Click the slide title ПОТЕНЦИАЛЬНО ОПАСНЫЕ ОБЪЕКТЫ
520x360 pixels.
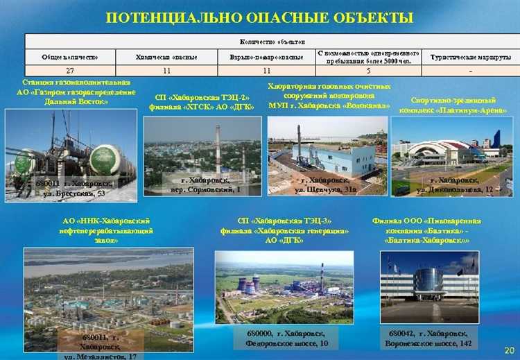tap(259, 16)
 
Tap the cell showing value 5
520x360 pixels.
tap(368, 71)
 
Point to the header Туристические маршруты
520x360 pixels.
tap(471, 56)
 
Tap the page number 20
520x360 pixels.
tap(509, 350)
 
